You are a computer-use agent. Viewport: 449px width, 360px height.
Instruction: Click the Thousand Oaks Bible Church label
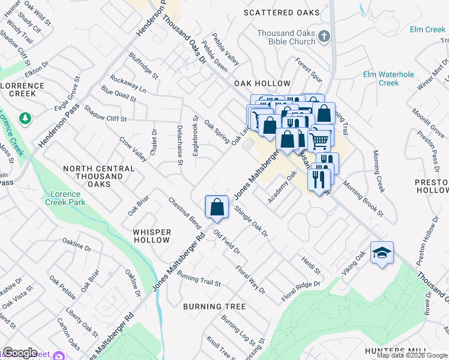point(286,37)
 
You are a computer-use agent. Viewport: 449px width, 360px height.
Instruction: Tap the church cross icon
point(324,36)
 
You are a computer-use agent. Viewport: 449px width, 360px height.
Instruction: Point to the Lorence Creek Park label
point(65,198)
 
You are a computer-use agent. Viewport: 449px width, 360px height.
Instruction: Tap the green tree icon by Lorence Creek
point(25,118)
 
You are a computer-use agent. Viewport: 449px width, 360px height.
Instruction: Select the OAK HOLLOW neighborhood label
point(262,83)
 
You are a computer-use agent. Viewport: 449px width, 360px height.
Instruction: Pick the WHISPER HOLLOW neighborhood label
point(152,236)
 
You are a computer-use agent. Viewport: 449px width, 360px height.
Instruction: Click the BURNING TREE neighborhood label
point(214,307)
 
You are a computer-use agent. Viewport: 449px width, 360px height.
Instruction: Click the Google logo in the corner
point(19,353)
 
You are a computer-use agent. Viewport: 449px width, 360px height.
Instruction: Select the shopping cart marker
point(320,140)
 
